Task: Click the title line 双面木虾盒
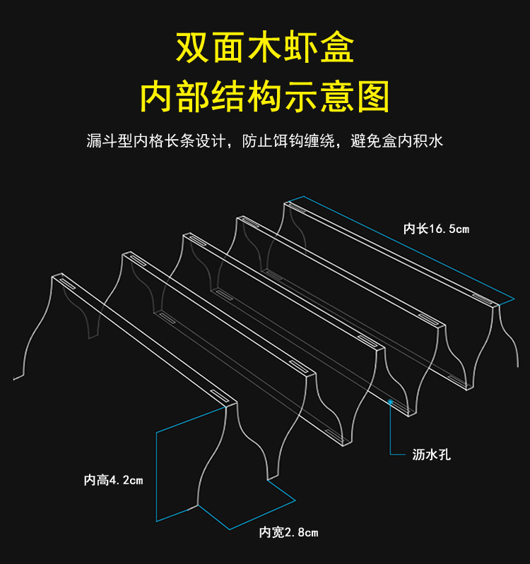pos(265,48)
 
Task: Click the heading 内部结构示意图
pos(265,97)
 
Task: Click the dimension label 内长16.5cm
pos(436,228)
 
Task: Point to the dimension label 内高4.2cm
pos(113,481)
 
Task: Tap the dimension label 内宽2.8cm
pos(288,532)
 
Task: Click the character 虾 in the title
pos(301,48)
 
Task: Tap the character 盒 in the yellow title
pos(337,48)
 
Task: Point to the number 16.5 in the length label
pos(443,228)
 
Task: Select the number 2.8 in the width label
pos(295,532)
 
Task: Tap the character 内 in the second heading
pos(158,97)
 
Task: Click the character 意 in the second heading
pos(336,97)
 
